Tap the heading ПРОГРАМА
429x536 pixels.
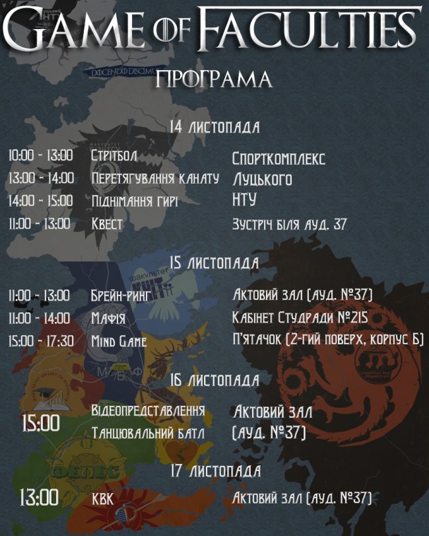214,79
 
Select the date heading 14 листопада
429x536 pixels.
214,127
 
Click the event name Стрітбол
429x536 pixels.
114,155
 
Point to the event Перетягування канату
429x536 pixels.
155,178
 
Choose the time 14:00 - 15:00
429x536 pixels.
41,200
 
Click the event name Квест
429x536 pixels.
107,223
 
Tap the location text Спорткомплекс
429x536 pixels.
279,159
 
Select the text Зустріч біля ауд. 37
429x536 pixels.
289,224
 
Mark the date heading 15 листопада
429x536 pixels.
214,263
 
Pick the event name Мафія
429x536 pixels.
109,319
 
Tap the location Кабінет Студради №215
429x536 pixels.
300,318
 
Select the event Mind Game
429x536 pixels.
119,342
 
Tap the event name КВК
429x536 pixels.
104,498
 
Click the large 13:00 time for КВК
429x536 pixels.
40,496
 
